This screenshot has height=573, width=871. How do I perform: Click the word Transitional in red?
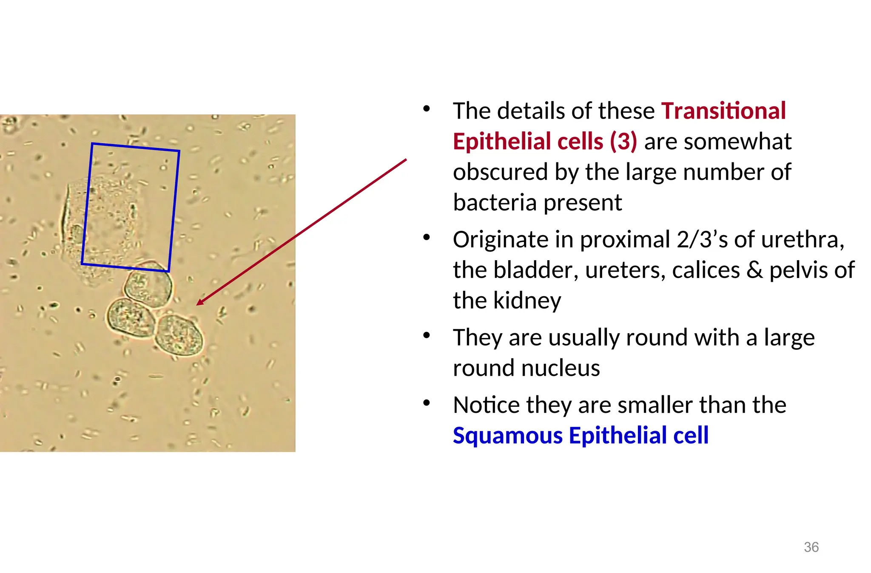click(x=723, y=111)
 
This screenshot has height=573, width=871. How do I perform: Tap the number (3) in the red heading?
click(x=623, y=142)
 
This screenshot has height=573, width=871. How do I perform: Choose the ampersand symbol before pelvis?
click(x=754, y=271)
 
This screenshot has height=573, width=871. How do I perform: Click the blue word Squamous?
click(x=508, y=436)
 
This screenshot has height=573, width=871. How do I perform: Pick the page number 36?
click(x=811, y=547)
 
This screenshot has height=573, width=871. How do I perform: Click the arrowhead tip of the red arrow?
click(x=197, y=304)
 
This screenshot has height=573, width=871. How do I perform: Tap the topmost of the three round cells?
click(x=148, y=284)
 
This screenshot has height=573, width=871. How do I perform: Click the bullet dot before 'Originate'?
click(x=427, y=237)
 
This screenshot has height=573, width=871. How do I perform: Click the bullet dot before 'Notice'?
click(x=427, y=403)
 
